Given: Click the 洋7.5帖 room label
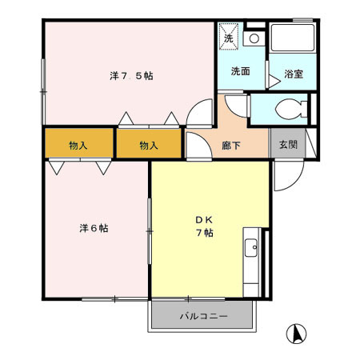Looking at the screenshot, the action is click(x=131, y=76).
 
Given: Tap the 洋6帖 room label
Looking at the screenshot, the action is click(x=94, y=229).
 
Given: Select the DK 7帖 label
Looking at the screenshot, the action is click(x=205, y=226).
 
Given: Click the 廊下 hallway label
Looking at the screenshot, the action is click(x=231, y=146).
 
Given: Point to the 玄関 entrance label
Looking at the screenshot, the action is click(x=288, y=145).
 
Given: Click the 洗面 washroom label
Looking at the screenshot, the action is click(x=240, y=71).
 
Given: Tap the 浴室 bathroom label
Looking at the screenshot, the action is click(x=294, y=74).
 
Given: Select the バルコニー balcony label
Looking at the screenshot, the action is click(x=203, y=316).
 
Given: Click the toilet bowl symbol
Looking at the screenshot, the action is click(x=290, y=109).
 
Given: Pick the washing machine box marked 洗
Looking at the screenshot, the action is click(x=229, y=37).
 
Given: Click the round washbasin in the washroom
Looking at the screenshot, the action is click(x=254, y=38).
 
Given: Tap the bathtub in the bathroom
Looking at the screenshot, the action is click(x=292, y=38).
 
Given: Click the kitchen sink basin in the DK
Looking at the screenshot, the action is click(x=251, y=248).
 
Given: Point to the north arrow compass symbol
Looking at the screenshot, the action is click(x=296, y=334).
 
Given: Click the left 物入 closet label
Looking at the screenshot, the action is click(x=78, y=146).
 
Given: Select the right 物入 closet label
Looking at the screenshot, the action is click(x=149, y=146).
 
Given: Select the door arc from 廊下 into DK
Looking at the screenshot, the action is click(x=206, y=138).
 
